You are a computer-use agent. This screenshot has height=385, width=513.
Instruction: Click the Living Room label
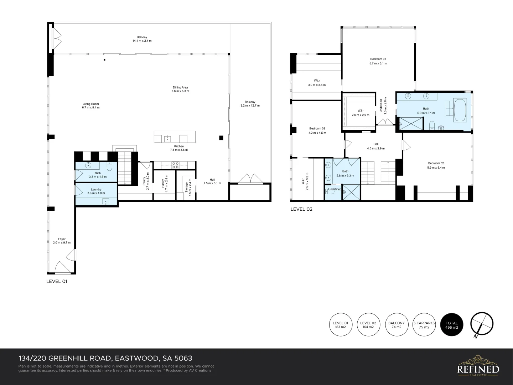coord(91,106)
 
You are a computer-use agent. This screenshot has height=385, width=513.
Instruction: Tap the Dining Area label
coord(180,89)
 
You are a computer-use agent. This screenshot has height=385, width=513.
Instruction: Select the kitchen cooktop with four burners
coord(175,165)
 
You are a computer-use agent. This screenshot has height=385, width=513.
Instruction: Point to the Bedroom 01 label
coord(378,61)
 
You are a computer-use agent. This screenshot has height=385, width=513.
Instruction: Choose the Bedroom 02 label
coord(436,165)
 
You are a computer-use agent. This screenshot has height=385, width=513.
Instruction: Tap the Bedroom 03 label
coord(317,130)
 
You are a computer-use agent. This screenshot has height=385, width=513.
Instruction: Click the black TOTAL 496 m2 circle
coord(452,325)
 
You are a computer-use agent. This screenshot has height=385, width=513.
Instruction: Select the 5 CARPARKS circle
coord(424,325)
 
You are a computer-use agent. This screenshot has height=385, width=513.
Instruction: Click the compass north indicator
coord(482,325)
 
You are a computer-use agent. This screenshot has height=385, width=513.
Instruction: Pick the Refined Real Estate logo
coord(478,366)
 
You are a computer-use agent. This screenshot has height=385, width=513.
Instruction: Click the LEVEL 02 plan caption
coord(301,209)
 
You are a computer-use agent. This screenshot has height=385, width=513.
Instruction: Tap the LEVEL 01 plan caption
coord(57,281)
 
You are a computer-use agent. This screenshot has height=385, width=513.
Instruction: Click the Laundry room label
coord(96,191)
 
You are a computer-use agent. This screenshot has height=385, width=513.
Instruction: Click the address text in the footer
coord(105,358)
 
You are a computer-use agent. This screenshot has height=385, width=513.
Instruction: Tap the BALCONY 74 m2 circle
coord(396,325)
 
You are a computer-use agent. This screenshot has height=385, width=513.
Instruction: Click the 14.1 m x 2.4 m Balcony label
coord(142,39)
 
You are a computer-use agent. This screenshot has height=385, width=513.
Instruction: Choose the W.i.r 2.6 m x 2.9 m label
coord(360,113)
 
